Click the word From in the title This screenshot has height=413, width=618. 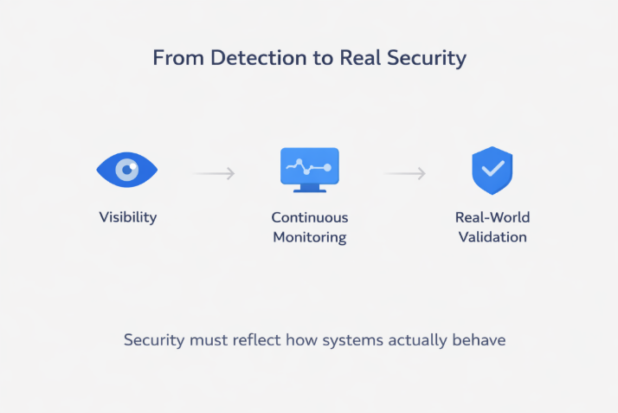click(x=176, y=58)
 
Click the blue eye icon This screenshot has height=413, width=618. click(x=126, y=170)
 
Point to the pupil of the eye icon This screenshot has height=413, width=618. click(x=127, y=170)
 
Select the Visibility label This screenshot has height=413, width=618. click(x=127, y=216)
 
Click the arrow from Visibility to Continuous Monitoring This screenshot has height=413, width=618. click(x=214, y=173)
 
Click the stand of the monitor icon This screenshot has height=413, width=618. click(x=309, y=187)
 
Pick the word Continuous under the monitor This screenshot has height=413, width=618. click(x=309, y=217)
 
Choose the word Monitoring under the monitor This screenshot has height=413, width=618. click(x=309, y=236)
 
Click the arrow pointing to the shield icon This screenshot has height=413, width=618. click(x=405, y=173)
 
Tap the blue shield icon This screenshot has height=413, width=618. click(x=492, y=170)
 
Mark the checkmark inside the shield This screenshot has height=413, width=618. click(x=492, y=169)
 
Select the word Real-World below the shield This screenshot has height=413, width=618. click(x=492, y=217)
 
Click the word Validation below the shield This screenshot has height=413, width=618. click(x=492, y=236)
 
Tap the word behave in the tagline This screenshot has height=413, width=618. click(x=480, y=339)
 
